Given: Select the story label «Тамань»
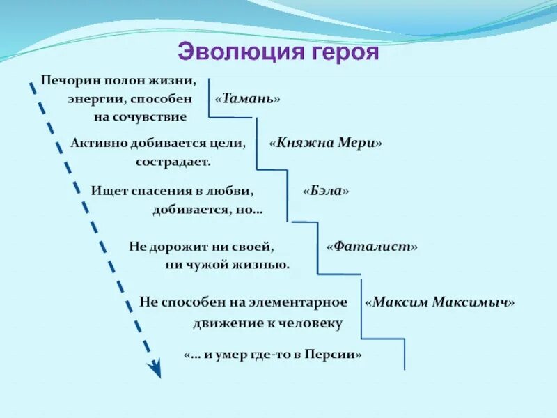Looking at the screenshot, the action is coord(248,99).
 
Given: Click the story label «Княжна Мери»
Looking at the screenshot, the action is coord(326,143).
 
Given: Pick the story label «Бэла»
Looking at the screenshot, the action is coord(325,191).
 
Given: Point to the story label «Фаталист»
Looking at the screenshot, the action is coord(372,246).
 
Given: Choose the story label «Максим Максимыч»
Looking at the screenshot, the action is coord(440,302).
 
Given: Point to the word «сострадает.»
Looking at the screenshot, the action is coord(173,162).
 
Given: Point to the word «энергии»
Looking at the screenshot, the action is coord(96,100).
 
